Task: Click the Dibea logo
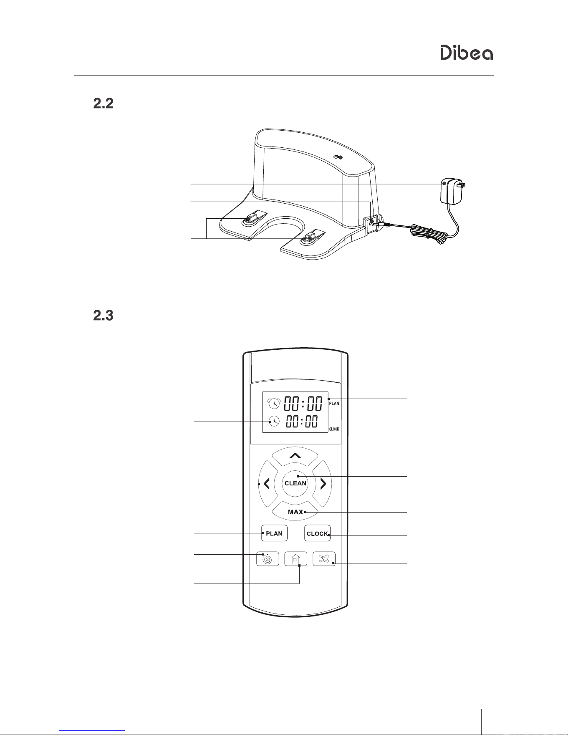(467, 53)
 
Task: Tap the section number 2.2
(103, 104)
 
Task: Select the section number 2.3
(103, 315)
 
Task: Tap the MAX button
(295, 511)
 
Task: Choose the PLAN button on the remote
(274, 533)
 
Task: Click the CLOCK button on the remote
(317, 533)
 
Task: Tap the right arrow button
(322, 484)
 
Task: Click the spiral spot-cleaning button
(268, 559)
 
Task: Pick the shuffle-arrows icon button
(324, 559)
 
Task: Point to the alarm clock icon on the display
(274, 403)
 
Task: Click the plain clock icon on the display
(274, 421)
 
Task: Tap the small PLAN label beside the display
(334, 404)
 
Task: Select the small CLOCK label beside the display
(334, 429)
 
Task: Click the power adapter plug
(452, 191)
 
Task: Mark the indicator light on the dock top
(338, 157)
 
